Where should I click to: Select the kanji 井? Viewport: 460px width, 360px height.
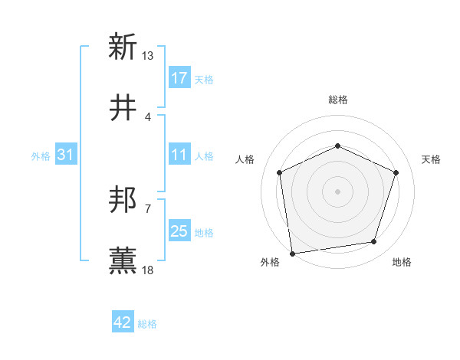tap(123, 110)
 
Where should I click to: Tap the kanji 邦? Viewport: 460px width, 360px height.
tap(123, 201)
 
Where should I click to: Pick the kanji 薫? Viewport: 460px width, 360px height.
tap(123, 260)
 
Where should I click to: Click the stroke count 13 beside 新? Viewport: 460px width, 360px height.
tap(148, 56)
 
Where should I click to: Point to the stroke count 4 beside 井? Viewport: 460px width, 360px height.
tap(148, 117)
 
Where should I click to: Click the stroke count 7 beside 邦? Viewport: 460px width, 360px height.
tap(148, 208)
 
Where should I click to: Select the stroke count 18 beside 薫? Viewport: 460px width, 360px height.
tap(148, 270)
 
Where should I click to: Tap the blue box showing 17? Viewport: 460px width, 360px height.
tap(179, 78)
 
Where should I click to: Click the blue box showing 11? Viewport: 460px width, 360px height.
tap(179, 155)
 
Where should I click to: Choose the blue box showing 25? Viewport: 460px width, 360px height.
tap(179, 231)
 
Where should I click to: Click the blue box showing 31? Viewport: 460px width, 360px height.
tap(66, 155)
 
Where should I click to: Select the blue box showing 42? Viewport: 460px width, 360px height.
tap(123, 323)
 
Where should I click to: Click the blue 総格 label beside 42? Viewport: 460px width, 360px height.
tap(147, 324)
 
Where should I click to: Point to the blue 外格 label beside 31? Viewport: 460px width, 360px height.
tap(41, 155)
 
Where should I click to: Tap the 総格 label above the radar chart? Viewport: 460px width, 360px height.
tap(338, 100)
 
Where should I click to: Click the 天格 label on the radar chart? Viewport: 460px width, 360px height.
tap(431, 159)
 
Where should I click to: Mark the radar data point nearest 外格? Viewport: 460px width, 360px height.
tap(292, 253)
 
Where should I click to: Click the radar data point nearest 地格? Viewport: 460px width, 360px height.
tap(374, 242)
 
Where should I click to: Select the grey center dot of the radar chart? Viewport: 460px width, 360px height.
tap(337, 191)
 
